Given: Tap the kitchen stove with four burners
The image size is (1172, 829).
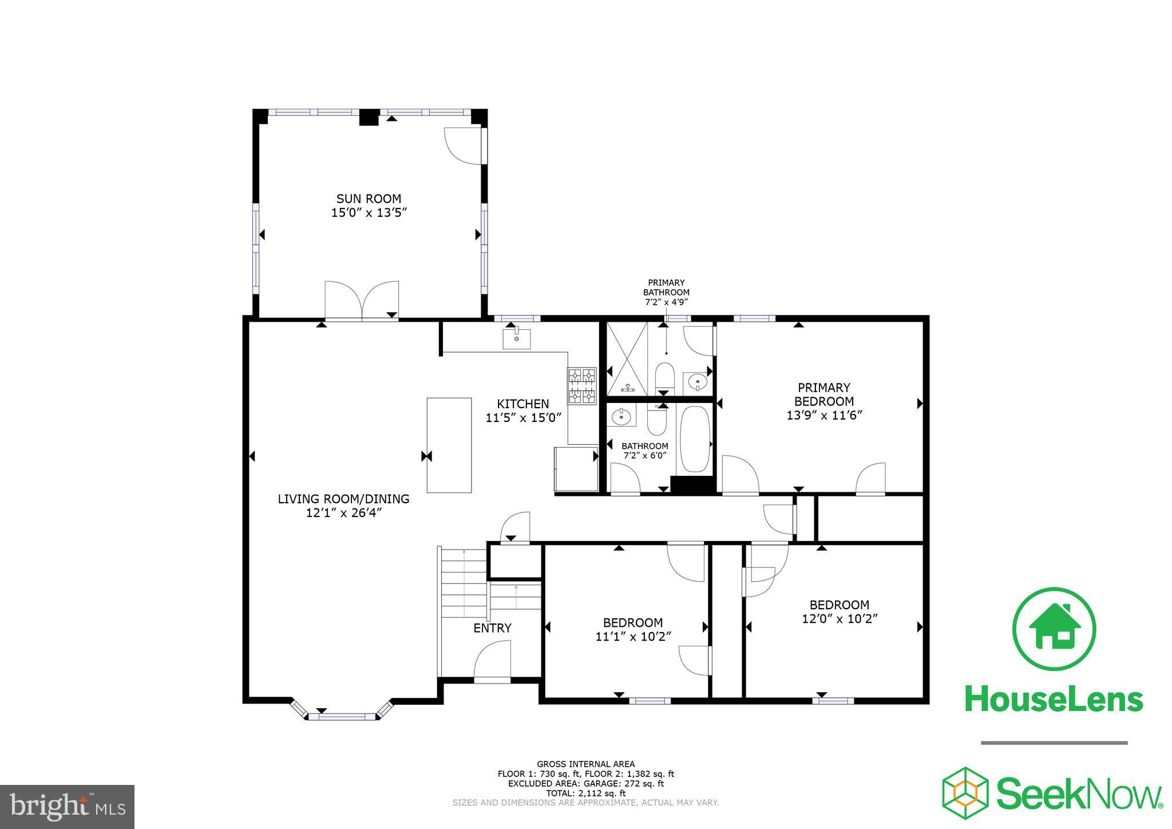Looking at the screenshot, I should click(x=581, y=386).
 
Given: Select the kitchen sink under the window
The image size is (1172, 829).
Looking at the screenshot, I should click(x=516, y=339).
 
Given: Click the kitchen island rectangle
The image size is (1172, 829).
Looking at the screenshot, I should click(x=449, y=445).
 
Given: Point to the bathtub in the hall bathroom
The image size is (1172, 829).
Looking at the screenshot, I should click(x=695, y=439).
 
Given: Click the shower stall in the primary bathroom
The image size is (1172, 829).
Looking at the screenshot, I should click(x=627, y=358).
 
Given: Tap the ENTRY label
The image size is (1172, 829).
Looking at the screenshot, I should click(x=492, y=628).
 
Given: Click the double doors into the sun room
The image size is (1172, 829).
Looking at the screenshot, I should click(x=362, y=300).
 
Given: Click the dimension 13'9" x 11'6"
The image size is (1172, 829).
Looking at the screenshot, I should click(x=824, y=416).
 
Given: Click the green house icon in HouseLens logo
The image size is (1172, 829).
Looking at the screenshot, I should click(x=1054, y=628).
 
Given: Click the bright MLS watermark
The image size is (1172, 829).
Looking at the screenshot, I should click(x=67, y=806).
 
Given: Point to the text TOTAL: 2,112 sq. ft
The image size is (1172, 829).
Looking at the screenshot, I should click(x=585, y=793).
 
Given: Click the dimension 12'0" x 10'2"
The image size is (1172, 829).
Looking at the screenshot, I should click(x=840, y=619).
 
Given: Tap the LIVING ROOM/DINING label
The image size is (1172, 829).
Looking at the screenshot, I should click(x=343, y=499).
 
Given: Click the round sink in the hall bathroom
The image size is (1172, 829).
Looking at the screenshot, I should click(x=621, y=417).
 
